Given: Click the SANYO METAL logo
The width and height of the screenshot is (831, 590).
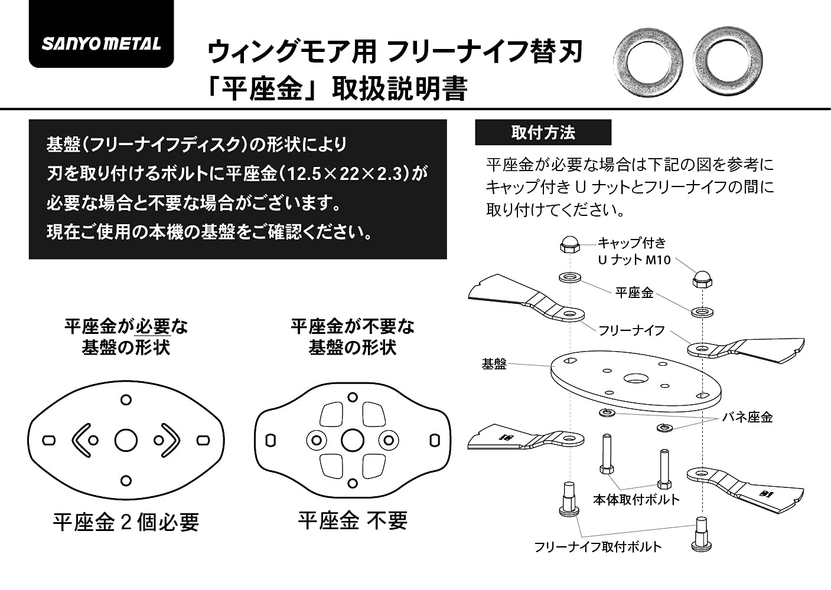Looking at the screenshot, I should (101, 44).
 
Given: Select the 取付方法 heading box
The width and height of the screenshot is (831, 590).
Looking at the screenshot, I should (543, 133).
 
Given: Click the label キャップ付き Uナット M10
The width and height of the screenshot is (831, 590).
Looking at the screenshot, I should (633, 251).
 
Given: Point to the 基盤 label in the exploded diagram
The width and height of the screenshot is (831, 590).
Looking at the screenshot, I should (494, 364).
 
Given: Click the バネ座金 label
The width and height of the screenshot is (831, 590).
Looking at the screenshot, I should (747, 417).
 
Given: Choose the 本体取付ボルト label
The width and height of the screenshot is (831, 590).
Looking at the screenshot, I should (636, 500).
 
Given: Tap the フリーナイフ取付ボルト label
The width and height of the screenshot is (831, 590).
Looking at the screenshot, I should (598, 547).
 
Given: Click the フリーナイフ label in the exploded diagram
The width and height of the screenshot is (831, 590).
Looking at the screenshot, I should (631, 330).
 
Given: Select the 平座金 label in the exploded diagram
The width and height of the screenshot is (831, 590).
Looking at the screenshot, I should (634, 293).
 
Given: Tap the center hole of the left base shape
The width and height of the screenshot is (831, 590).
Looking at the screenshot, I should (126, 440).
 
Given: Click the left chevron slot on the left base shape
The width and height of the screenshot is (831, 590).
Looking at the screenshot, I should (82, 440).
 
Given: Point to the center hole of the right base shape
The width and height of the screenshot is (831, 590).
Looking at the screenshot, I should (352, 440).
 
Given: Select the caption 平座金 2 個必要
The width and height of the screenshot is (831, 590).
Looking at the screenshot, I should (126, 522).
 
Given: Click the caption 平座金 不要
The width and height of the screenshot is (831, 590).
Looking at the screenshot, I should (352, 521).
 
